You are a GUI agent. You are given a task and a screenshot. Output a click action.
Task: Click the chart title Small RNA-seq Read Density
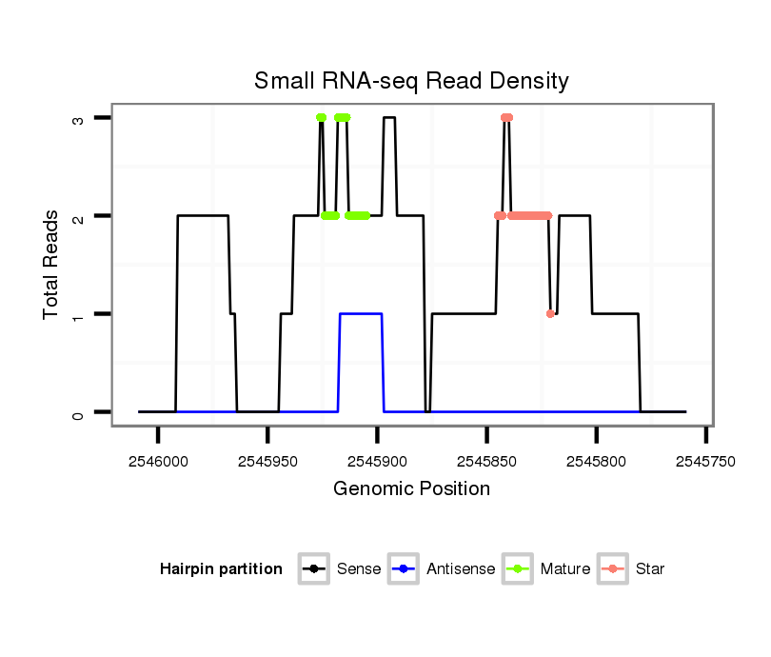pyautogui.click(x=411, y=81)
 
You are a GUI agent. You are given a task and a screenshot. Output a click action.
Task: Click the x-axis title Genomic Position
pyautogui.click(x=411, y=489)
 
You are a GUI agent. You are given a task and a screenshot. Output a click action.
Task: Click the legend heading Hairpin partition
pyautogui.click(x=222, y=569)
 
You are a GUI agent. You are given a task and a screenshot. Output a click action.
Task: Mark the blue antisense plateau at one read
pyautogui.click(x=361, y=313)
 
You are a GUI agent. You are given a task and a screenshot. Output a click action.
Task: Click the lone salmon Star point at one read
pyautogui.click(x=550, y=313)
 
